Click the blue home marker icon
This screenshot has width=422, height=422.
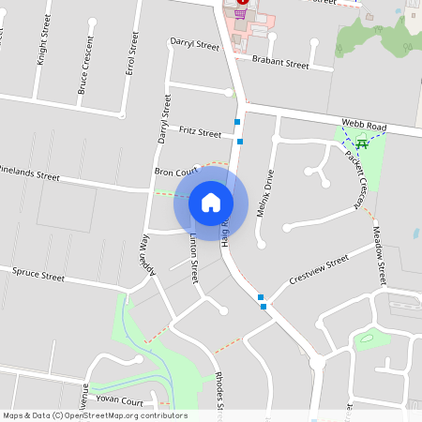(x=210, y=202)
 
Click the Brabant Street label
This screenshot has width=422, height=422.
(x=280, y=65)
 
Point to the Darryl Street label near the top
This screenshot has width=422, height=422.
(x=194, y=43)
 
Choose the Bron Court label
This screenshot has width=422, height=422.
(x=177, y=172)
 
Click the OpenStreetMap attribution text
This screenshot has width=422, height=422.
(x=95, y=415)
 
